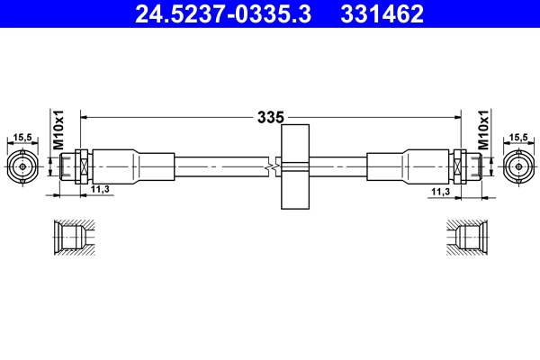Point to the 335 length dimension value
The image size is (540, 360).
270,117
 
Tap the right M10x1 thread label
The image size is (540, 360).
482,131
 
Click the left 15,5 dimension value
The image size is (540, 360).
23,138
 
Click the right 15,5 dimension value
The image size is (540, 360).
517,138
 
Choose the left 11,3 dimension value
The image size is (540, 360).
100,191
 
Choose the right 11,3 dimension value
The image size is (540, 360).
440,191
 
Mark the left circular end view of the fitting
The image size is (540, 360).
23,166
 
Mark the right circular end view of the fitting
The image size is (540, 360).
517,166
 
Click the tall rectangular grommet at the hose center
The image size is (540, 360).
295,167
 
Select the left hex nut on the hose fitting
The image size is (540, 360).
80,166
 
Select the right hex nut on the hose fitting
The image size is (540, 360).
460,166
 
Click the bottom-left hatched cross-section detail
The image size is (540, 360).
71,239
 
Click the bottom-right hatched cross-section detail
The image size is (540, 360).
469,239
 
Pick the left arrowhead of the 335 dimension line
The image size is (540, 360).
85,116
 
